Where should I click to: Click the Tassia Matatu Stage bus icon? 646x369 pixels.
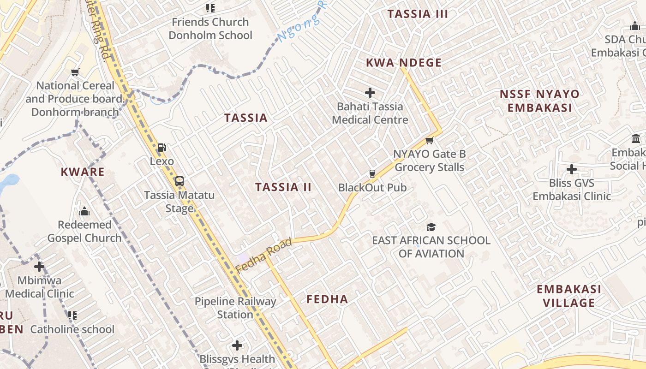[x=179, y=181]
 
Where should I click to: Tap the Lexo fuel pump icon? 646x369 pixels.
[x=162, y=148]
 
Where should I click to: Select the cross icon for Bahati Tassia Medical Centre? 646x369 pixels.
[x=370, y=93]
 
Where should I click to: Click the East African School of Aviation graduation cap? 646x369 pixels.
[x=431, y=226]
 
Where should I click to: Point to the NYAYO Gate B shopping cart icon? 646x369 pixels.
[x=430, y=140]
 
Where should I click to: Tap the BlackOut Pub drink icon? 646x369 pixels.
[x=372, y=174]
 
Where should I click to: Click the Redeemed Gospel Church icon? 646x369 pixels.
[x=84, y=211]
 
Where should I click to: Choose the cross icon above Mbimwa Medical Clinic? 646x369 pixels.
[x=39, y=267]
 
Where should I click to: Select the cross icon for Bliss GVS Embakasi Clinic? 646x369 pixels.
[x=572, y=169]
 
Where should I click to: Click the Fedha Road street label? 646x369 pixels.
[x=264, y=255]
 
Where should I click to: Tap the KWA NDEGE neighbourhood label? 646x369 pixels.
[x=404, y=63]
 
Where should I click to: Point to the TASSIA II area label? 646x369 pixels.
[x=283, y=187]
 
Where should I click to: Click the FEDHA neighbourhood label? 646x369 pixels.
[x=327, y=299]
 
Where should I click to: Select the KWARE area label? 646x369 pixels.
[x=83, y=172]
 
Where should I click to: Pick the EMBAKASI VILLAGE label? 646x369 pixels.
[x=569, y=296]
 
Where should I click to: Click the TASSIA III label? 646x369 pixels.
[x=418, y=14]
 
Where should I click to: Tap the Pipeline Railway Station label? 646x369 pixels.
[x=235, y=308]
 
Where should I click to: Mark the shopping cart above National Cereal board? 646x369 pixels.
[x=75, y=72]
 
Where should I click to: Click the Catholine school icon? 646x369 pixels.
[x=72, y=315]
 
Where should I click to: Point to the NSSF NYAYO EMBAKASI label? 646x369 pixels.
[x=539, y=101]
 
